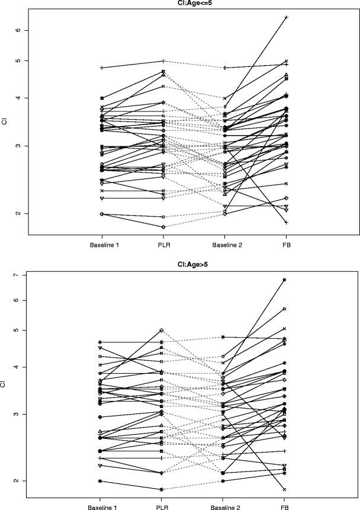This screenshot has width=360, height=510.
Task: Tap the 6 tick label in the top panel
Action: (17, 30)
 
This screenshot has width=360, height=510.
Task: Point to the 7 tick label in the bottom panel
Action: (17, 275)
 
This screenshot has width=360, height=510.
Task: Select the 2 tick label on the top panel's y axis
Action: (17, 213)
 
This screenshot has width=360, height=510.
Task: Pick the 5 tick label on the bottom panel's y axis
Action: (17, 330)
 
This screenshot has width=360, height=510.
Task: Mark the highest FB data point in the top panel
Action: (286, 17)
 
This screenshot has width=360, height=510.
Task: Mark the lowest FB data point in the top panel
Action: (286, 222)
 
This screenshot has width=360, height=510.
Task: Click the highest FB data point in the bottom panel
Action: (285, 280)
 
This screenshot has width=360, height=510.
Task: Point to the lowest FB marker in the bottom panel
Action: (285, 489)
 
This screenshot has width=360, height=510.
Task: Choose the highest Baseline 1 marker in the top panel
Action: (102, 68)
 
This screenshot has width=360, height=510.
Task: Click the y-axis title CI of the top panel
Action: (5, 121)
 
